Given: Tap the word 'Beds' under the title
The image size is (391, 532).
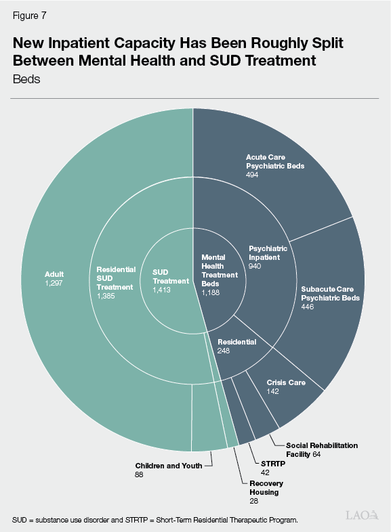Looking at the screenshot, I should [26, 79].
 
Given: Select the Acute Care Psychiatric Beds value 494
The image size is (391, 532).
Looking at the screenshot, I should [253, 174].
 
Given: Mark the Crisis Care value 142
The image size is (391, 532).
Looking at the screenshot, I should [273, 392].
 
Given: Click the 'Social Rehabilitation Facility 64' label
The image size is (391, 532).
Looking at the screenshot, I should [322, 449].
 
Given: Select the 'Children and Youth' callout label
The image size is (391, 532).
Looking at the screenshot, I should [168, 466].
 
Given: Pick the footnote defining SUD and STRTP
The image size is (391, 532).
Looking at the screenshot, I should [155, 520].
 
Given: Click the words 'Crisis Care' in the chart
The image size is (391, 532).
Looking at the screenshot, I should [285, 382].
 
